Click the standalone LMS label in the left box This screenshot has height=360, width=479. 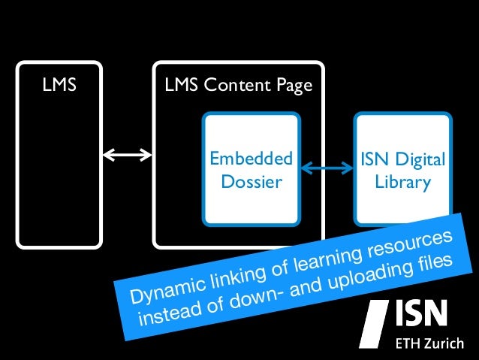coord(59,86)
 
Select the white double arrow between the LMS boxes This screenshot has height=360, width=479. coord(127,156)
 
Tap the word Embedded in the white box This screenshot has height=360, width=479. coord(250,159)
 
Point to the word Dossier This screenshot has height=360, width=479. coord(251,182)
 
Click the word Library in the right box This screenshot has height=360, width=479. coord(403,182)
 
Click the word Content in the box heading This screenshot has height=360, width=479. coord(240,86)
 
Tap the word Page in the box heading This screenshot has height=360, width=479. coord(295,86)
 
